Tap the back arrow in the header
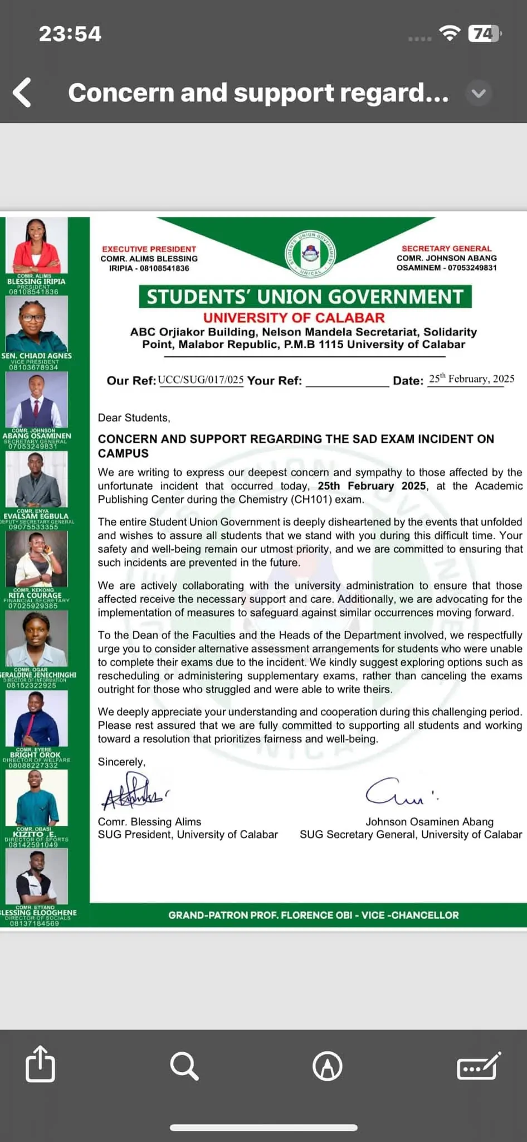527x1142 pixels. (22, 93)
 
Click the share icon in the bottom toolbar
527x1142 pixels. (40, 1064)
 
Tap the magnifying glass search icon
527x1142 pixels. (184, 1066)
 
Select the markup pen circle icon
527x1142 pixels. (328, 1066)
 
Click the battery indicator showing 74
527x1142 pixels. (484, 34)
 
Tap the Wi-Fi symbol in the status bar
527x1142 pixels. (449, 33)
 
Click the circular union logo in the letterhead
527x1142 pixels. (311, 254)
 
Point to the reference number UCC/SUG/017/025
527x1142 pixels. (201, 380)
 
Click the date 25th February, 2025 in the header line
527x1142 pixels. (471, 379)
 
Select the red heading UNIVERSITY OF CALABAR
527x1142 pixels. (294, 317)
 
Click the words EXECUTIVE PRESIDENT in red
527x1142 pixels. (149, 249)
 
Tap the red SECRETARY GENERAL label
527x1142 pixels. (446, 248)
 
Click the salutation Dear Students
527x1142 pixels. (134, 418)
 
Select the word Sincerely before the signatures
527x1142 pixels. (121, 762)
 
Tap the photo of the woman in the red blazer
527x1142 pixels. (36, 245)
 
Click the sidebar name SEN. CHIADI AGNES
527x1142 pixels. (36, 355)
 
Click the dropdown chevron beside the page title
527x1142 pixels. (479, 93)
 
